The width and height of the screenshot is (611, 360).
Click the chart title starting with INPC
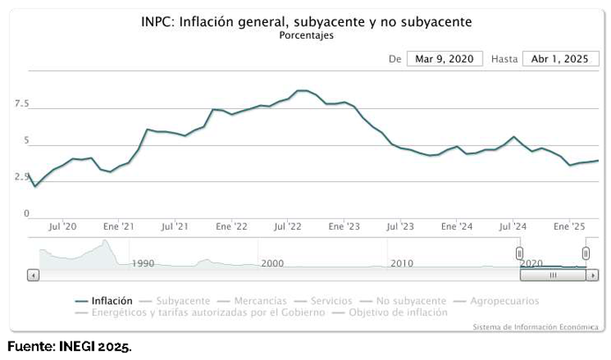tap(306, 22)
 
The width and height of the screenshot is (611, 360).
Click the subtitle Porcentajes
tap(306, 36)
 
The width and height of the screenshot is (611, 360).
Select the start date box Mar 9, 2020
tap(445, 59)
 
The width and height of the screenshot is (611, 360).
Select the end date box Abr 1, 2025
tap(561, 59)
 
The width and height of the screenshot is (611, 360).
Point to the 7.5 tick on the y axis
tap(22, 105)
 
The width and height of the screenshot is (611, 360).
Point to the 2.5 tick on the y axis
tap(22, 177)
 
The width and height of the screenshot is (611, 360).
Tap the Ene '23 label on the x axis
tap(344, 227)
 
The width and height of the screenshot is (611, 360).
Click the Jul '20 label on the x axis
tap(63, 227)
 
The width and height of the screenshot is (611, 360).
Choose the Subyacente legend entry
tap(183, 301)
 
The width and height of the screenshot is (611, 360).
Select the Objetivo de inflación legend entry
tap(397, 312)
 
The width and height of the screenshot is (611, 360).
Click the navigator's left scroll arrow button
tap(33, 275)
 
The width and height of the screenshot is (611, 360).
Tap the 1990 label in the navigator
tap(143, 263)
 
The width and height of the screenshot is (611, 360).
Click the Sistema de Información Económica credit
tap(535, 327)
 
